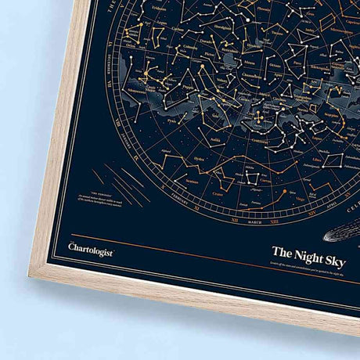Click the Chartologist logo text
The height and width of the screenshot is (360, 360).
point(91,250)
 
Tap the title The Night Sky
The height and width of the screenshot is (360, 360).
point(309,254)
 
